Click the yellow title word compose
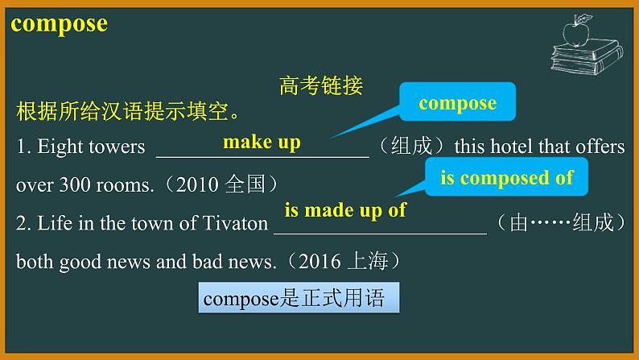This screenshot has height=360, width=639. (60, 23)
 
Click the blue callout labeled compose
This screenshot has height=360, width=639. (457, 103)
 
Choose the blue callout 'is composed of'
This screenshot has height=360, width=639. (506, 178)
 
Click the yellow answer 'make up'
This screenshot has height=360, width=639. (261, 143)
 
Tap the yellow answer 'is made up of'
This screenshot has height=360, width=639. (345, 211)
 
